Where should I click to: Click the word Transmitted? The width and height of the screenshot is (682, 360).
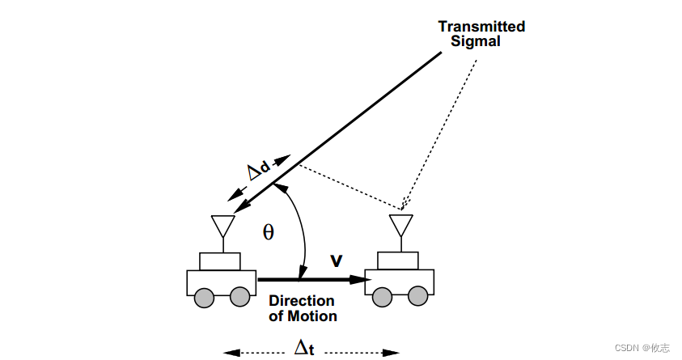(481, 27)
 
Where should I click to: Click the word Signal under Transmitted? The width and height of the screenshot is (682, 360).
(481, 40)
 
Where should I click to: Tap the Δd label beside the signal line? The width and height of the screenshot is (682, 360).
(258, 171)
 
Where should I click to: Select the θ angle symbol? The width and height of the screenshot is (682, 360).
(269, 233)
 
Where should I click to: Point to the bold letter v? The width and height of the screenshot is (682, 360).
(337, 260)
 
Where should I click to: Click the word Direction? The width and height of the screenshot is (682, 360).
(302, 301)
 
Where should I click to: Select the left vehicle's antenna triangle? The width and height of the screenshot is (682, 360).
(221, 224)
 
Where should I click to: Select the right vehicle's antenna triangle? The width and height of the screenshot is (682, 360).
(400, 224)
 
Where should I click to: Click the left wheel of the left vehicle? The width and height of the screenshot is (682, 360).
(203, 298)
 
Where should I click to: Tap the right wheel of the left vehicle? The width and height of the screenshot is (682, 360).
(239, 298)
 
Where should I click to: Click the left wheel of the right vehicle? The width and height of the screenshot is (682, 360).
(381, 298)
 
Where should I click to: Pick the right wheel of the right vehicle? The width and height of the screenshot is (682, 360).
(417, 298)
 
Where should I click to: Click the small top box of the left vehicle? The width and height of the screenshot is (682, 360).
(220, 261)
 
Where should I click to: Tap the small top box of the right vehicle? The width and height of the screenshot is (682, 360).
(398, 260)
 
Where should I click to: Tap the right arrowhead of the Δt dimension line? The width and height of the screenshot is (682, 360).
(392, 353)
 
